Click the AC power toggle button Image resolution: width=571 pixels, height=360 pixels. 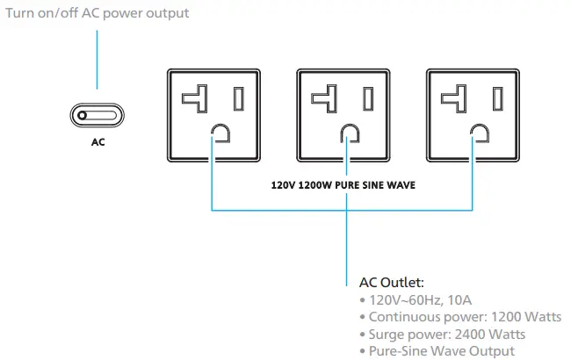tap(98, 115)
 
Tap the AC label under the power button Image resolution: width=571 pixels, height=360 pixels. tap(98, 141)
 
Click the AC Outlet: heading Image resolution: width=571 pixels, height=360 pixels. tap(392, 283)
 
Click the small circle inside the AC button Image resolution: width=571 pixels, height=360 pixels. tap(83, 115)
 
